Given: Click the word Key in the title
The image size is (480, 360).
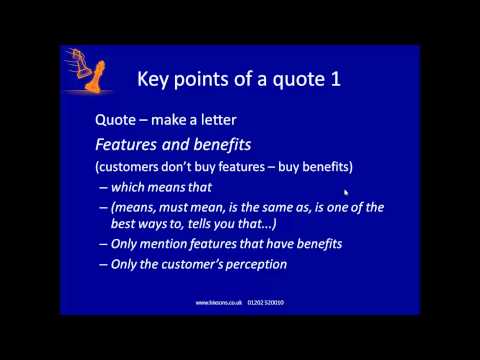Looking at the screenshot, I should pos(154,78).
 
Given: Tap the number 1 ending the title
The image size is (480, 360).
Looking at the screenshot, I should pos(335,78).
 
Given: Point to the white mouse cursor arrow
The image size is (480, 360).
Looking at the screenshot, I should pos(346,192).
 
